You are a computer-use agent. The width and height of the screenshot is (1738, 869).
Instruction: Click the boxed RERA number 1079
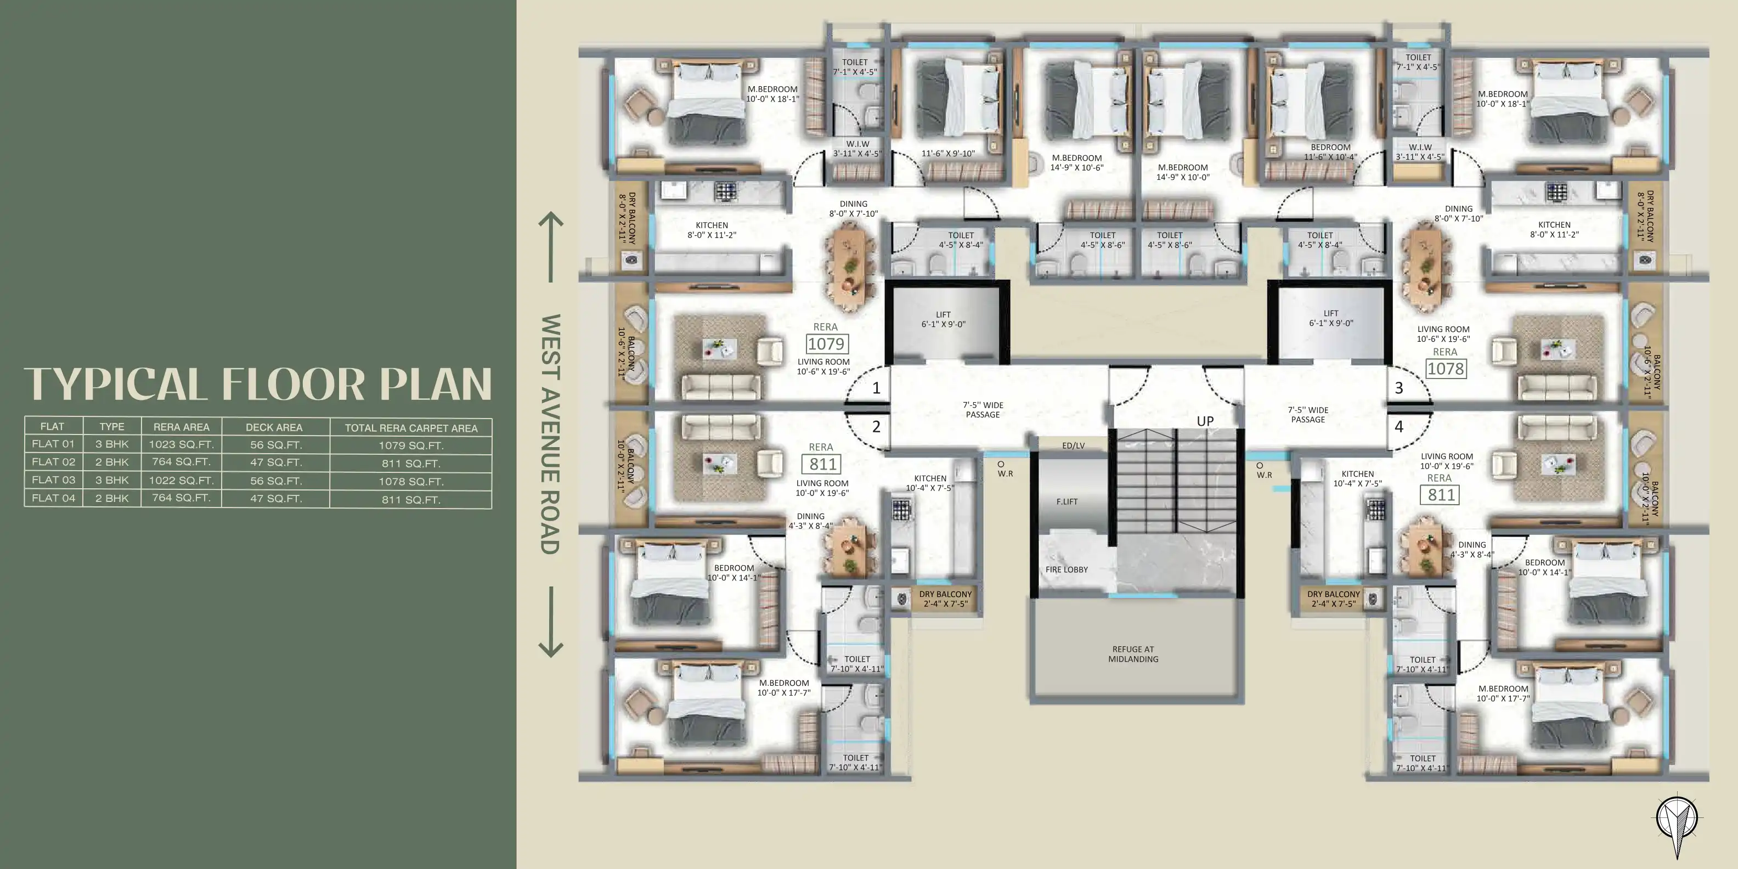(826, 344)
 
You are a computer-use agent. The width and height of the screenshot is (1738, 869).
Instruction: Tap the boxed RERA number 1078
(1446, 369)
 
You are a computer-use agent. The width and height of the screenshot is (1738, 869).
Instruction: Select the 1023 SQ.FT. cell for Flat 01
(182, 444)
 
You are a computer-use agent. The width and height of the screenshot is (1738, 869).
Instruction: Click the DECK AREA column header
(274, 427)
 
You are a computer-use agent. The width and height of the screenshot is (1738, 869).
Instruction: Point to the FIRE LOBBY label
(1066, 569)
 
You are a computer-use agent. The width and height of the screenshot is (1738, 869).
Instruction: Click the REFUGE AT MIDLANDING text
(1133, 654)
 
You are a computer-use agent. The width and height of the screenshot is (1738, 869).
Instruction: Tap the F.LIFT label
(1066, 502)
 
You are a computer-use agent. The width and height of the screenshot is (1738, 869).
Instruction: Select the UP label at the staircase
(1205, 421)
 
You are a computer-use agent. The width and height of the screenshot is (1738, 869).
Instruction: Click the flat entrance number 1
(877, 388)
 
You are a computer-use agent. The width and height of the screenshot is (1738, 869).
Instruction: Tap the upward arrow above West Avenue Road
(551, 247)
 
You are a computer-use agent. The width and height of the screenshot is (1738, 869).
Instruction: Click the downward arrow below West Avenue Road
(551, 622)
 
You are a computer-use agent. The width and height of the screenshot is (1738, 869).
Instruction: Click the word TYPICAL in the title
(115, 384)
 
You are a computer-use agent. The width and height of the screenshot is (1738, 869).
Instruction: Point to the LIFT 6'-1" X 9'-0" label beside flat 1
(943, 319)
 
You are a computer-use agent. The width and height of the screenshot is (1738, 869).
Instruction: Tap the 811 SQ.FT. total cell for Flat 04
(411, 500)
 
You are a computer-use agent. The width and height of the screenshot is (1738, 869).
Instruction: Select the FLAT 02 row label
(53, 462)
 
